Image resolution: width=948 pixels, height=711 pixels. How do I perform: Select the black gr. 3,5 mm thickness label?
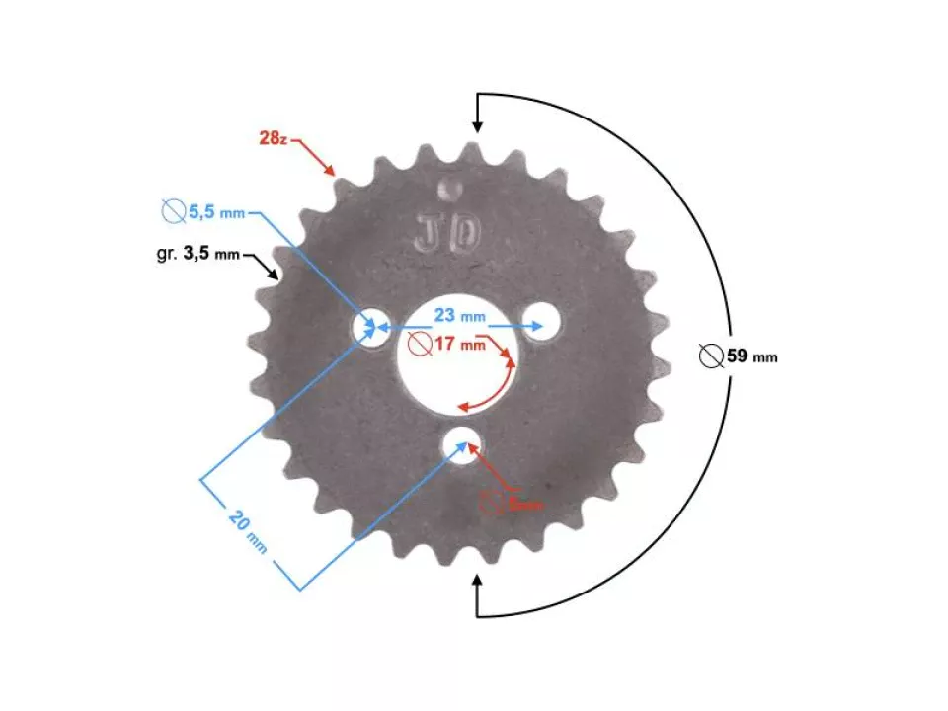pos(197,254)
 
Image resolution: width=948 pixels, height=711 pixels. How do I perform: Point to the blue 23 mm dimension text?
pos(459,316)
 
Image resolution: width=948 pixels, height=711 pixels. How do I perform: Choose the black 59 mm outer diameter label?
pos(750,356)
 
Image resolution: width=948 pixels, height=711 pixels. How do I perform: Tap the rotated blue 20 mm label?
pos(248,530)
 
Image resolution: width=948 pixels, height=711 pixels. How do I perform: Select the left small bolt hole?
pos(372,327)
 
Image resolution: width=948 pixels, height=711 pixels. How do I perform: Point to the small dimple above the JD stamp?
pos(450,185)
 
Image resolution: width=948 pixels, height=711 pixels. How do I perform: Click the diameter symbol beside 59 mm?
pos(710,356)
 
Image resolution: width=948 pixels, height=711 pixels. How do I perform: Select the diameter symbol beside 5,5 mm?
pos(173,211)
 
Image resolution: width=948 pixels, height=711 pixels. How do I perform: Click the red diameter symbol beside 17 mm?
pos(419,345)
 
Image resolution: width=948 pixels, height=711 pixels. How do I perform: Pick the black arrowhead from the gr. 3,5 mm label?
pos(275,276)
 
